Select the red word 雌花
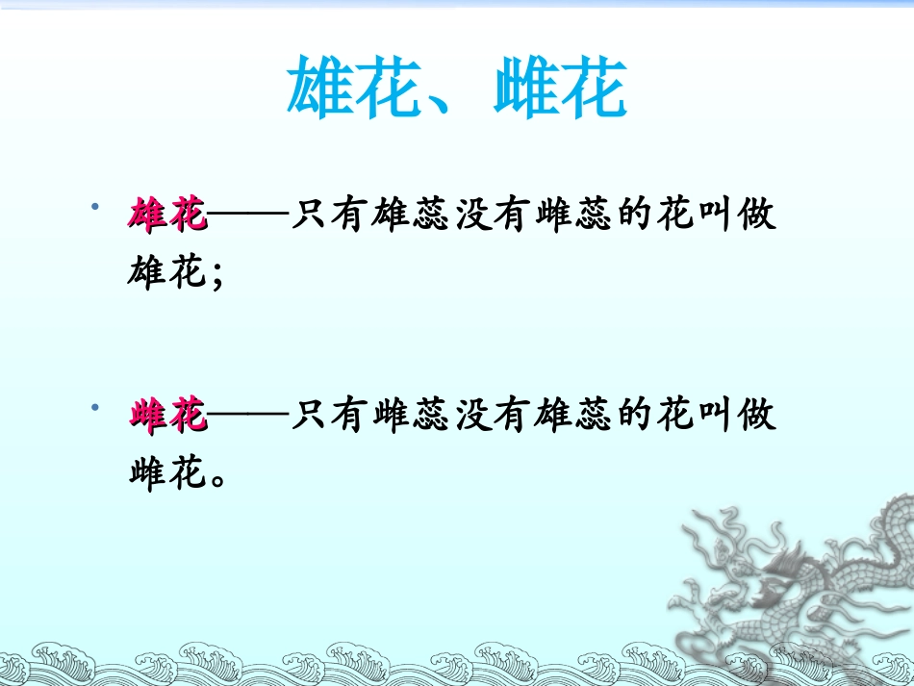[167, 417]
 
